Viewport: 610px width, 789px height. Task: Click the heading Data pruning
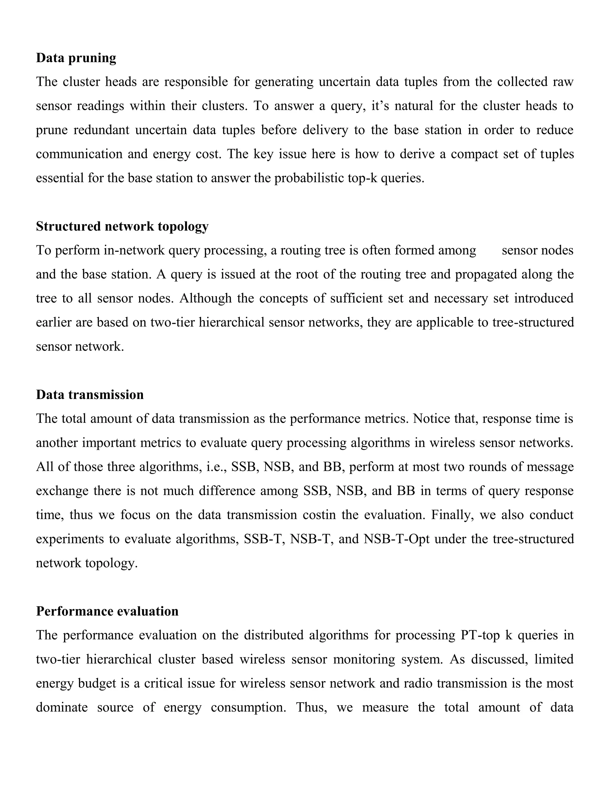(76, 58)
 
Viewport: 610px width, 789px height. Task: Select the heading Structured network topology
(122, 227)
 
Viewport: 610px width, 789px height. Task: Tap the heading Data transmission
(90, 395)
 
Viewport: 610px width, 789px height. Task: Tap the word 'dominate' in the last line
(62, 707)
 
